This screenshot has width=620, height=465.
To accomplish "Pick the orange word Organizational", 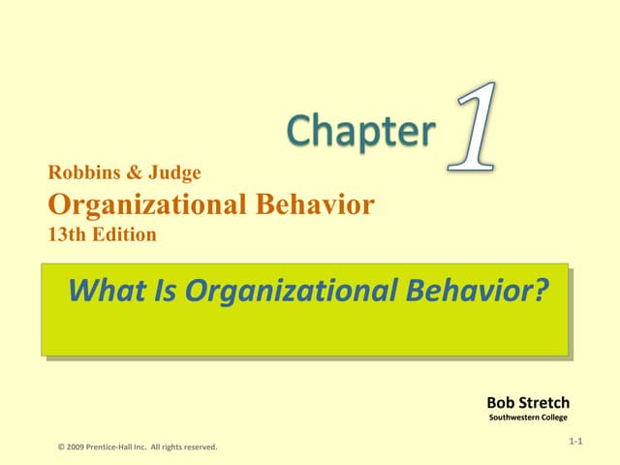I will pyautogui.click(x=137, y=204).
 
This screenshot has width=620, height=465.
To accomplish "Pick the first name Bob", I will pyautogui.click(x=502, y=402).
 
